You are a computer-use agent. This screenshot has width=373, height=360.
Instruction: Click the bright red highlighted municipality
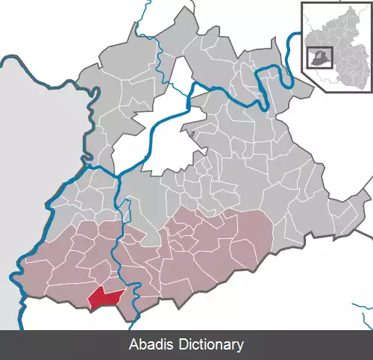[104, 298]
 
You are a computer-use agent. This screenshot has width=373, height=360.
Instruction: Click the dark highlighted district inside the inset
[319, 58]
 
